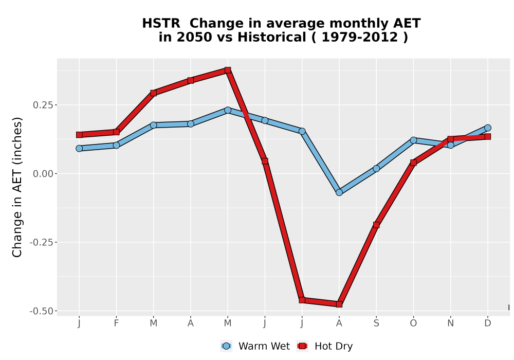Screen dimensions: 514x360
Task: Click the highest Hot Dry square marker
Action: pos(228,70)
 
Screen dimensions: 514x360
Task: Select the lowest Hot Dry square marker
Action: pos(339,304)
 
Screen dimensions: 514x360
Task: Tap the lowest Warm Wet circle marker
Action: pos(339,192)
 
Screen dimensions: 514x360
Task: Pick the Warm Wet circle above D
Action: pos(488,128)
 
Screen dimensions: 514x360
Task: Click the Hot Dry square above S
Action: pos(376,225)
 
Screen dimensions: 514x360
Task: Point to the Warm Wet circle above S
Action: pos(376,169)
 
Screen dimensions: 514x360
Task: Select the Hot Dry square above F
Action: pos(116,132)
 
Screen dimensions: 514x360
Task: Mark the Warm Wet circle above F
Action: pos(116,145)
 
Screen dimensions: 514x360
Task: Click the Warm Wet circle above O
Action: pos(413,140)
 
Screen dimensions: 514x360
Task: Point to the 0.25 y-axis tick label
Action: pos(43,105)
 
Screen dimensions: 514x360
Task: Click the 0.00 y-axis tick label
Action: pos(43,174)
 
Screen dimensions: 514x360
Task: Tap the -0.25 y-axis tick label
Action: pos(41,243)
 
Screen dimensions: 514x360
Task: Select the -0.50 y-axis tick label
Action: pos(41,311)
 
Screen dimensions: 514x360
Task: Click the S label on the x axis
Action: pos(376,323)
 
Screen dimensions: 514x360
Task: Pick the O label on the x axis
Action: pos(413,323)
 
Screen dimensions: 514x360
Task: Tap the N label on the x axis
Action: pos(451,323)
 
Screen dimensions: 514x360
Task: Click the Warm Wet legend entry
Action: pos(255,346)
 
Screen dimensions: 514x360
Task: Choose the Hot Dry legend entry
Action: pos(325,346)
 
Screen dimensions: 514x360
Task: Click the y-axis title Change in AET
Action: pos(17,187)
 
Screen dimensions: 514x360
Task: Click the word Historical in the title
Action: pos(272,37)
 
